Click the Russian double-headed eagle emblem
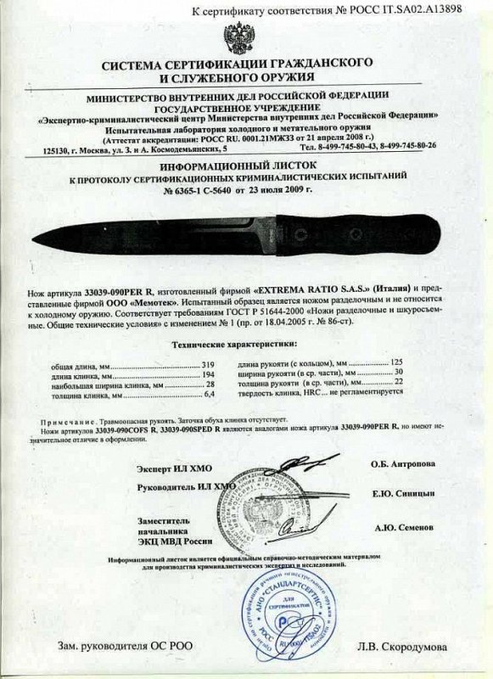click(x=241, y=38)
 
